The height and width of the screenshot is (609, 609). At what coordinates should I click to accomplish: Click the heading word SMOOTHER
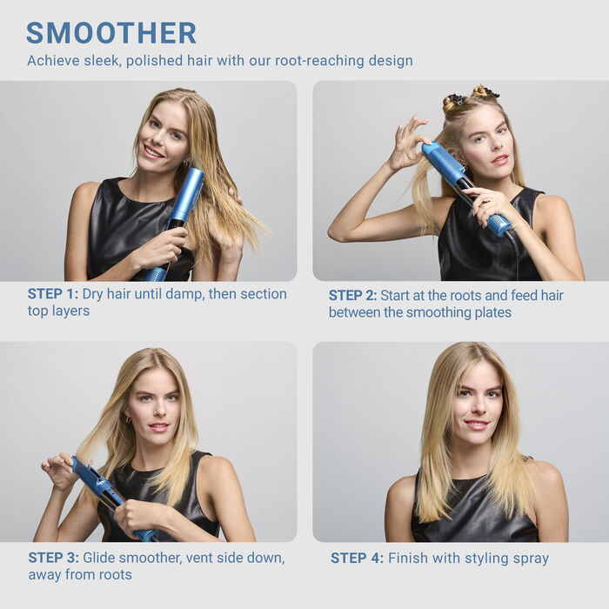pyautogui.click(x=111, y=33)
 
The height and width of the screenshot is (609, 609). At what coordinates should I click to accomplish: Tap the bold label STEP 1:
pyautogui.click(x=53, y=294)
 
